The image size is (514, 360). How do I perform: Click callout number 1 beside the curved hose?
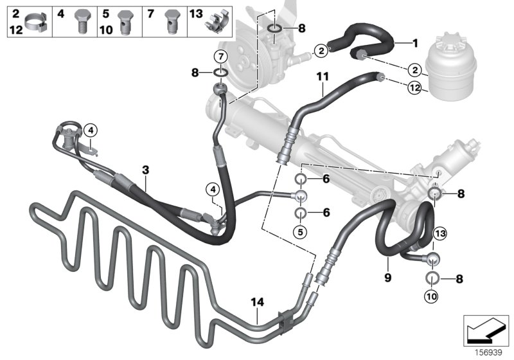tap(414, 44)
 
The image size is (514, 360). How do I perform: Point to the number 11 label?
tap(322, 77)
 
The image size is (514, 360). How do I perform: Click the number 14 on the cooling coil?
tap(257, 302)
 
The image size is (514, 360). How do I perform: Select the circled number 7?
tap(220, 56)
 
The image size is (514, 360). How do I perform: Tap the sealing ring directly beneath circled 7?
tap(220, 73)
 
